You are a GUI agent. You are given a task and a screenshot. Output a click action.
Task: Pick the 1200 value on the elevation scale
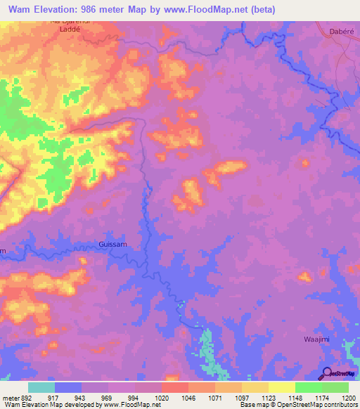point(349,397)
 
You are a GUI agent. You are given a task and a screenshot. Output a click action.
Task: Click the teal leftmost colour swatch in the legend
point(41,387)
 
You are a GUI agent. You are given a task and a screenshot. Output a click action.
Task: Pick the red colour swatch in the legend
point(174,387)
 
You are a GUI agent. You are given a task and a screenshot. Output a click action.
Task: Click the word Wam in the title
point(23,10)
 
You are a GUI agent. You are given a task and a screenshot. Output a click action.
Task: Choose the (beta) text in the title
point(261,10)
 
